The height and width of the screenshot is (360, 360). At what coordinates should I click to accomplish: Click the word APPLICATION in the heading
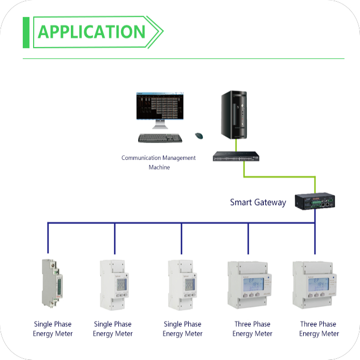click(92, 32)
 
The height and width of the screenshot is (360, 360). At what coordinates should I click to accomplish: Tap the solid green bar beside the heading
click(26, 32)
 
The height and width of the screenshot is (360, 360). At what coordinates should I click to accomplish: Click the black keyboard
click(160, 138)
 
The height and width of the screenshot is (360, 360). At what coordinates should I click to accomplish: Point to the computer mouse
click(199, 136)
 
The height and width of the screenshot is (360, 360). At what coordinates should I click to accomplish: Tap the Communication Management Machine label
click(159, 162)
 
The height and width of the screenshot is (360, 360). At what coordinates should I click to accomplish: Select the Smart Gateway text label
click(258, 202)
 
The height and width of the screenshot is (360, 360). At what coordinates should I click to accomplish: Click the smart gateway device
click(313, 201)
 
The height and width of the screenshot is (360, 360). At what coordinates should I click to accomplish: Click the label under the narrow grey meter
click(53, 329)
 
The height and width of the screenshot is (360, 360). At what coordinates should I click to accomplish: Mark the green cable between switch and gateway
click(279, 176)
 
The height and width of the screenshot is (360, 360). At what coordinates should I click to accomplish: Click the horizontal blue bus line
click(181, 223)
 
